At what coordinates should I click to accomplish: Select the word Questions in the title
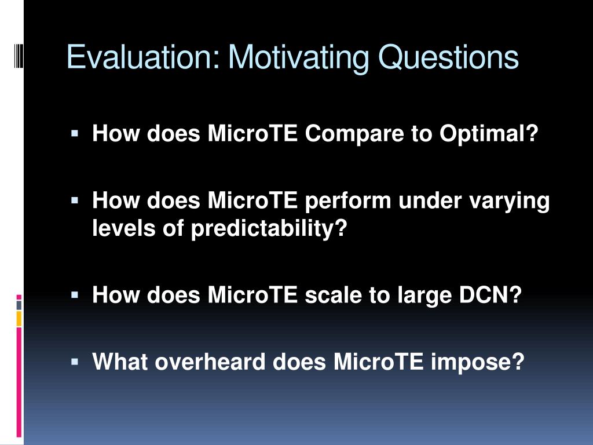coord(448,57)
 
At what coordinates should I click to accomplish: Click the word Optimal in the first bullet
coord(488,134)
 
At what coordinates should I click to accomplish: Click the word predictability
coord(269,228)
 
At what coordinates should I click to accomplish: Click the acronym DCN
coord(490,295)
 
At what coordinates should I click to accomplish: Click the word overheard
coord(210,362)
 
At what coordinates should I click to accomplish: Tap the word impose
coord(477,362)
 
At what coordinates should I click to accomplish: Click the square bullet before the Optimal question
coord(75,133)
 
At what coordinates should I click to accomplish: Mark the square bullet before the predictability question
coord(75,200)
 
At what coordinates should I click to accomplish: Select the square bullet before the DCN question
coord(75,294)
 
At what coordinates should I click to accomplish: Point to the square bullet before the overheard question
coord(75,362)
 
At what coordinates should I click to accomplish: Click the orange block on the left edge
coord(19,319)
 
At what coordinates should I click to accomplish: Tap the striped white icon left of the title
coord(19,56)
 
